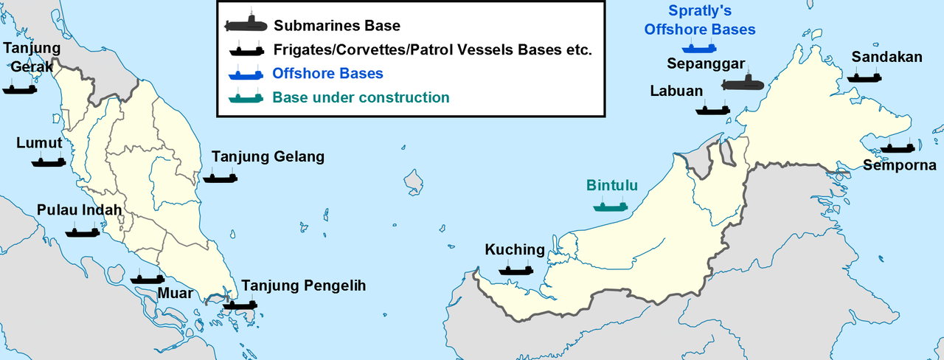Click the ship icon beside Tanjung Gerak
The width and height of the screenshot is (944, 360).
pos(20,89)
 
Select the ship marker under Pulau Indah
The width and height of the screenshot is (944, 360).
pos(83,232)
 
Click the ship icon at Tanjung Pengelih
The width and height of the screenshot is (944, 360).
pos(240,304)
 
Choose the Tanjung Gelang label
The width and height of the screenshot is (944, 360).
pos(268,157)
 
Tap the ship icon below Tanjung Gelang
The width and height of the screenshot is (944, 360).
pos(220,178)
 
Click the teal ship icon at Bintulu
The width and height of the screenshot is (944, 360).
pos(610,206)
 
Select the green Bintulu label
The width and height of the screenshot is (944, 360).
pos(611,185)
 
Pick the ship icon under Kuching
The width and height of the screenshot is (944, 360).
pos(516,270)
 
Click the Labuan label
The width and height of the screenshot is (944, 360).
pos(676,91)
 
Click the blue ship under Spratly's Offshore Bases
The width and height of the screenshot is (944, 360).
pos(699,48)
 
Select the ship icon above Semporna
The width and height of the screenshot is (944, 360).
pos(898,148)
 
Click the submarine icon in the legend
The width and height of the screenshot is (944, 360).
pos(246,26)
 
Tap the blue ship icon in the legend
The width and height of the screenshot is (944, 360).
pos(246,74)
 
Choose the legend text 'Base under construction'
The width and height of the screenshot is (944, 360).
pos(361,97)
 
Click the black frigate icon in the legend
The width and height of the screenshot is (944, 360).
pos(246,50)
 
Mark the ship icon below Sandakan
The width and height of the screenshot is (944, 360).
pos(864,76)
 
